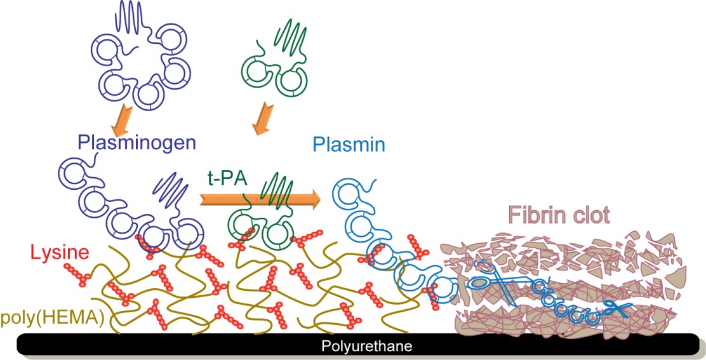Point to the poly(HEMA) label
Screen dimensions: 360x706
(52, 316)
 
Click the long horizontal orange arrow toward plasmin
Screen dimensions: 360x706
(260, 199)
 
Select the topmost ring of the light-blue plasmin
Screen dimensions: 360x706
(349, 189)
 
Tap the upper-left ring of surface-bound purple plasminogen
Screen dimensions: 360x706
(72, 171)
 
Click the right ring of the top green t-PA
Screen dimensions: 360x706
(293, 81)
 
